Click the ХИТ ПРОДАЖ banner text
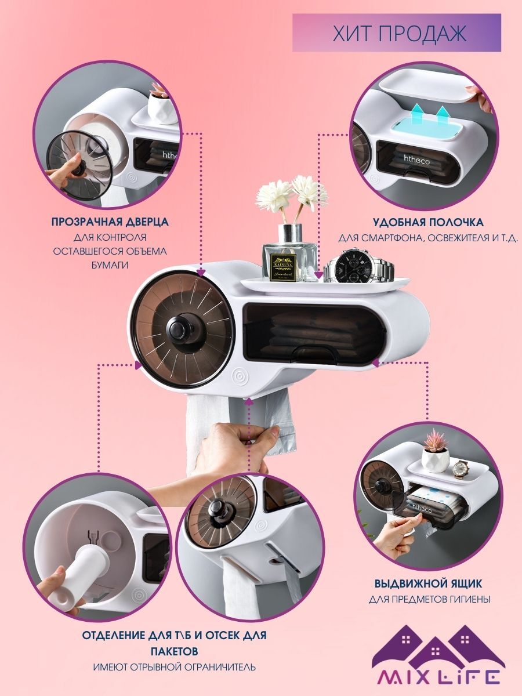(400, 33)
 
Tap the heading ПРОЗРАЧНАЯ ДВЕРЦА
(110, 222)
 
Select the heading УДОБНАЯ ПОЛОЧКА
(428, 222)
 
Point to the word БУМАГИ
(110, 264)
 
